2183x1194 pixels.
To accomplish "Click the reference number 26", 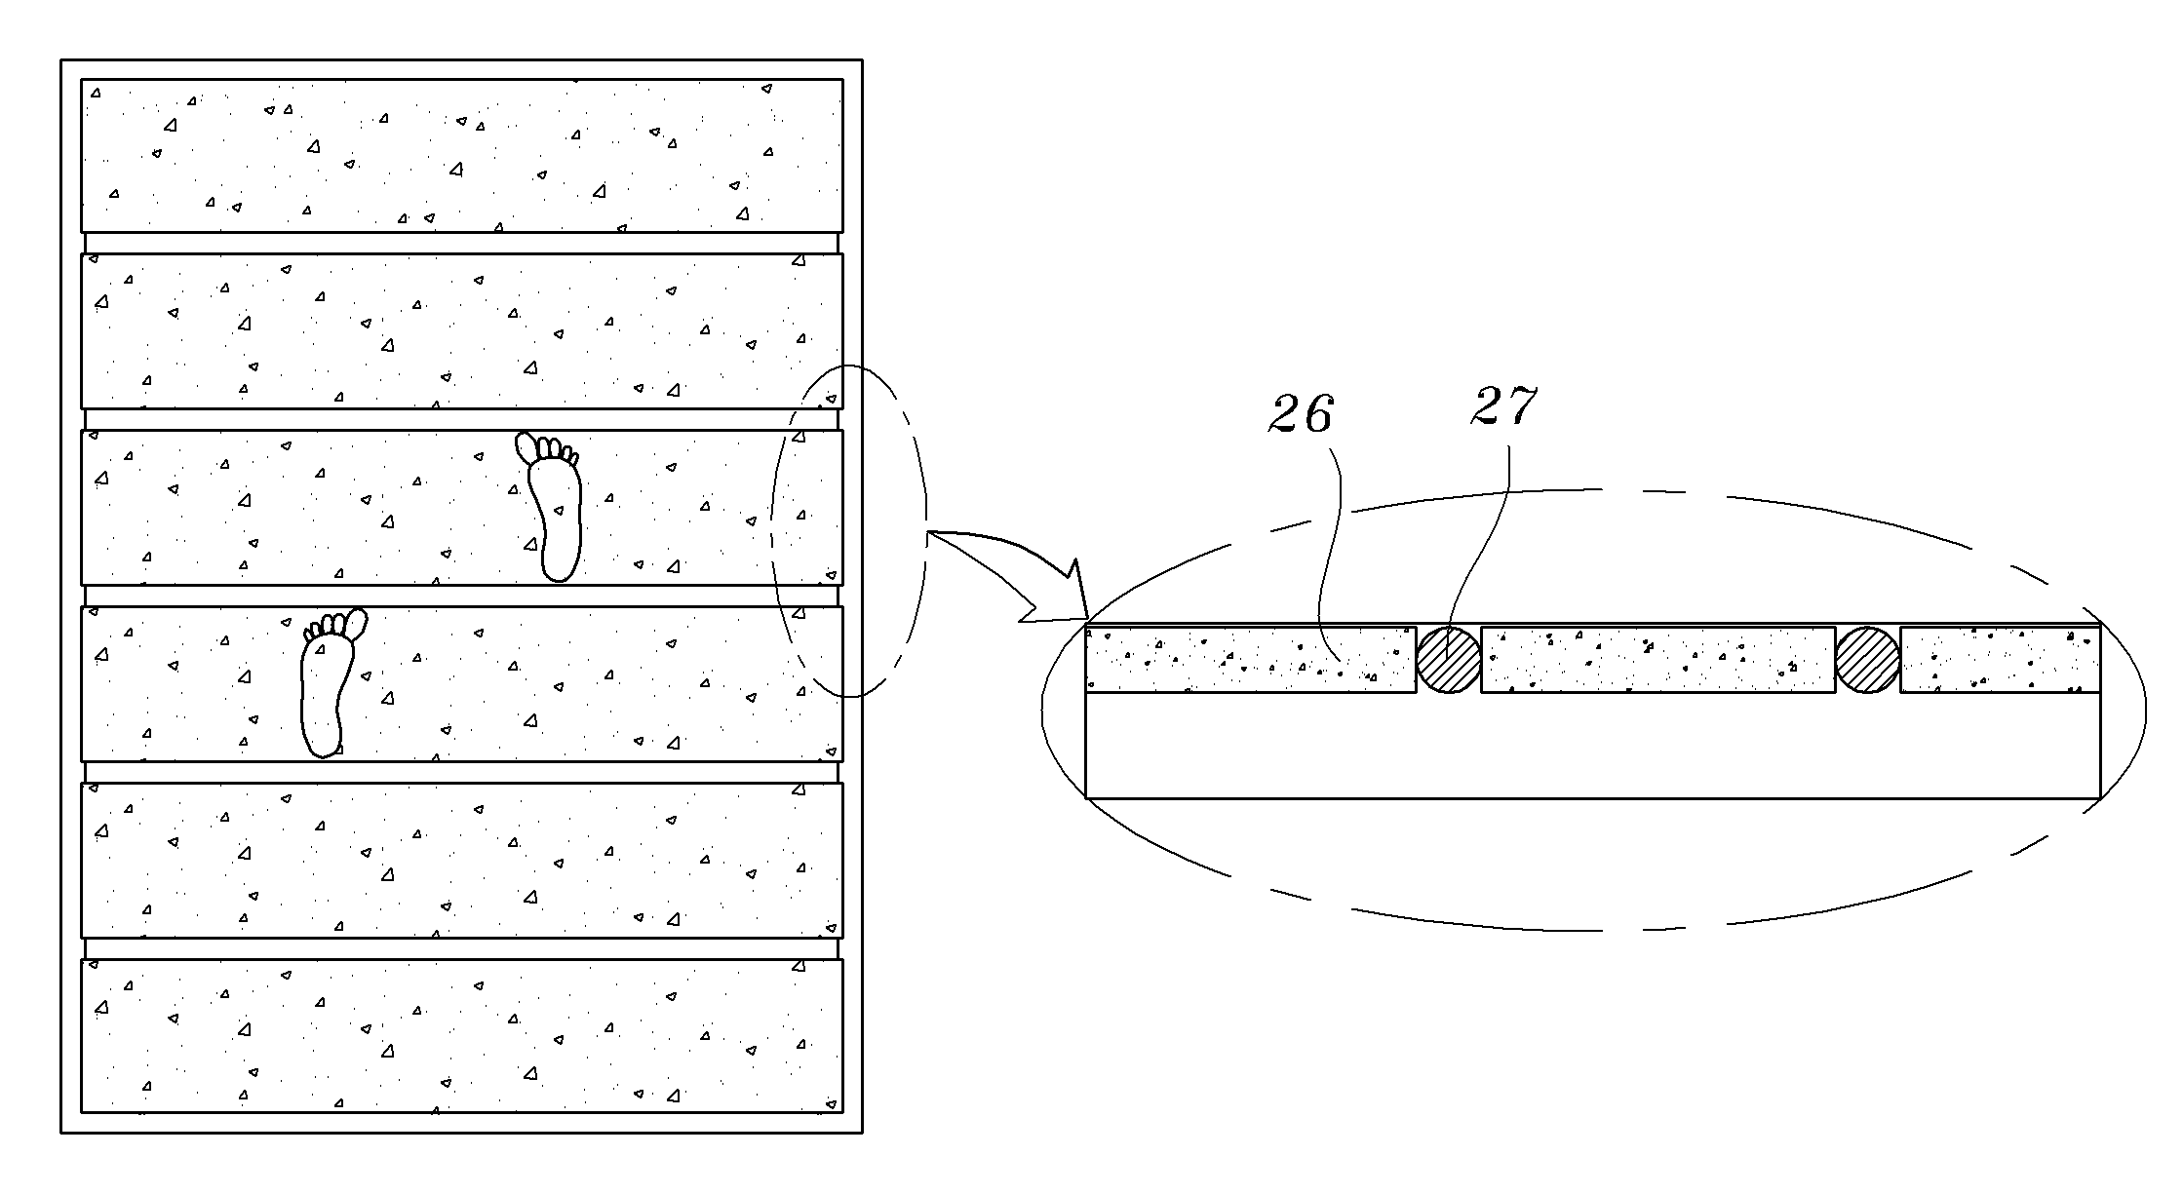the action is pos(1301,414).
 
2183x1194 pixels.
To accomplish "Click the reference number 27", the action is pos(1503,406).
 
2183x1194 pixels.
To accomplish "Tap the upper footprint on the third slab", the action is pos(550,507).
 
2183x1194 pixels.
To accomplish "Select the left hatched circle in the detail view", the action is pos(1449,660).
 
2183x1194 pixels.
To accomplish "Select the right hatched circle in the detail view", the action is pos(1868,660).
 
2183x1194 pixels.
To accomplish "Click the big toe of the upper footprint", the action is pos(526,446).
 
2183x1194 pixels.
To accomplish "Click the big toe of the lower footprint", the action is pos(357,622).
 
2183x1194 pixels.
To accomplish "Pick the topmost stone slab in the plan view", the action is pos(462,155).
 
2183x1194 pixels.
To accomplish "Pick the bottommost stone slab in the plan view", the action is pos(462,1035).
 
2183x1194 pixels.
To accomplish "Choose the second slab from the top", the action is pos(462,330).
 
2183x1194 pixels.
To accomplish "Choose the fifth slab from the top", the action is pos(462,860).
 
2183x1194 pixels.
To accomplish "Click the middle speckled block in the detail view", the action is pos(1657,660).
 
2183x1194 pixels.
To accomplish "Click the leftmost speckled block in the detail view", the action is pos(1251,660).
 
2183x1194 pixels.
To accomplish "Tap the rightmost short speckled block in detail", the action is pos(2000,660).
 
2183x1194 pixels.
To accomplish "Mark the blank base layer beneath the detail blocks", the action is pos(1593,746).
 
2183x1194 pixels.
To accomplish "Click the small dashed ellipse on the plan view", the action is pos(771,531).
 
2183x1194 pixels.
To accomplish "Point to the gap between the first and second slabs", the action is pos(462,243).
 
